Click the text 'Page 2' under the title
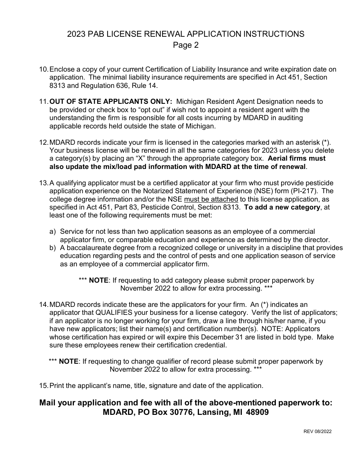186,45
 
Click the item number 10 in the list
44,69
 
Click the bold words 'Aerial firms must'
297,158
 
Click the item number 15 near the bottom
44,386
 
